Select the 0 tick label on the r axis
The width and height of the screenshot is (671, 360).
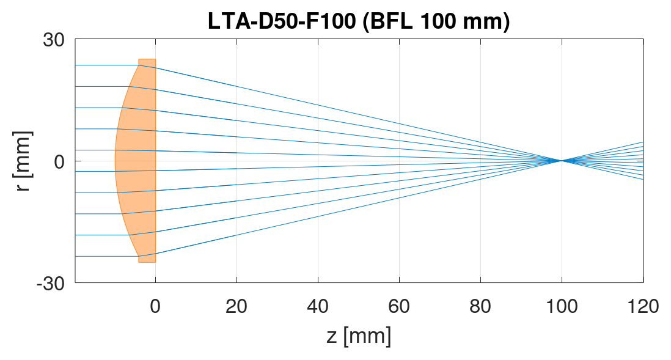point(60,161)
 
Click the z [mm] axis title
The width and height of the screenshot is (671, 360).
point(359,336)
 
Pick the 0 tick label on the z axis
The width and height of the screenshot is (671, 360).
point(155,305)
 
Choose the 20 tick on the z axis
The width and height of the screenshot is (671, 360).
point(237,305)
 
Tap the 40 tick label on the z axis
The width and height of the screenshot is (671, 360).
point(318,305)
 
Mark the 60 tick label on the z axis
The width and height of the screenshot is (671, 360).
point(399,305)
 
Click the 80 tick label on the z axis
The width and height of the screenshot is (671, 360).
point(480,305)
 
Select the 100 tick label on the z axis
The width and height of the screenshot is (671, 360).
point(562,305)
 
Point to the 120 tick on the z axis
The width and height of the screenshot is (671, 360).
point(642,305)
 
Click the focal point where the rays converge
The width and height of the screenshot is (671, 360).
point(561,161)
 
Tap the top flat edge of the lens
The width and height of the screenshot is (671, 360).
point(147,59)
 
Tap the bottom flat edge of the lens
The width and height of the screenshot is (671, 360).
point(147,262)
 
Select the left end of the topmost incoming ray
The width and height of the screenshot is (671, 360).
point(76,65)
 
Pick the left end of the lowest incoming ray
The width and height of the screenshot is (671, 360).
point(76,256)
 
